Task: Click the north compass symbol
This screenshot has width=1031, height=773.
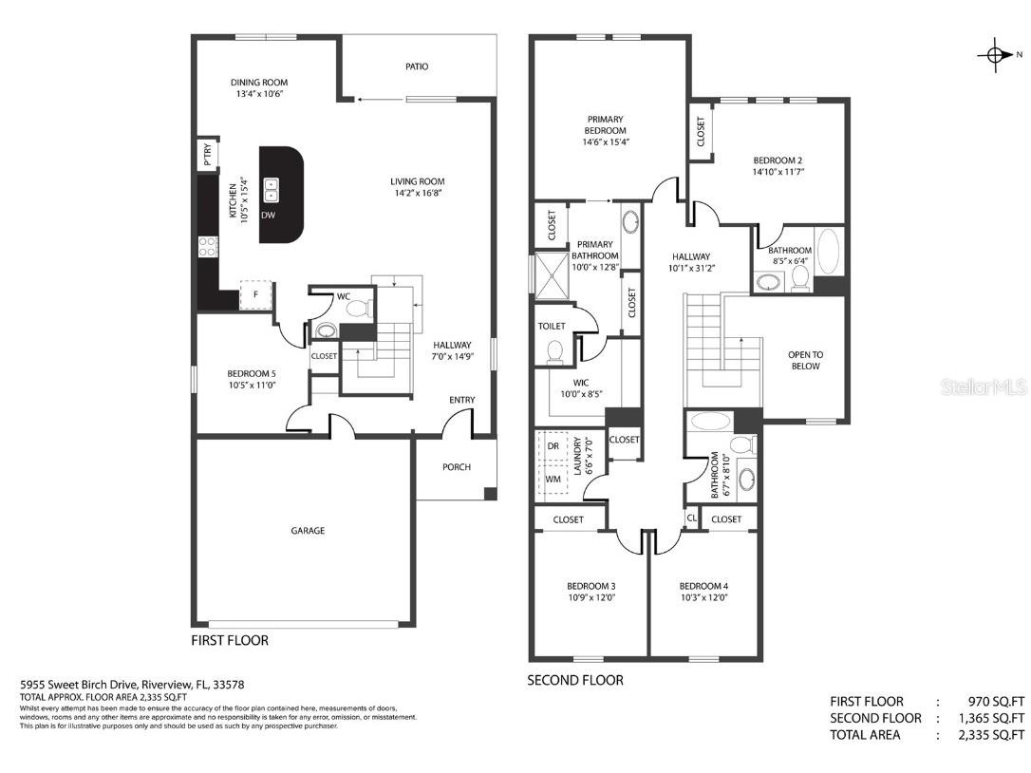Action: click(995, 55)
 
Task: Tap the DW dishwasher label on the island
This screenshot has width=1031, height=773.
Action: click(269, 216)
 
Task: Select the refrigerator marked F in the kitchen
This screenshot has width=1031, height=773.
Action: click(256, 295)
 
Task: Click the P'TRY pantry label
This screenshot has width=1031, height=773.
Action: click(206, 153)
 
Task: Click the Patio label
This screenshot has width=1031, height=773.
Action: click(417, 66)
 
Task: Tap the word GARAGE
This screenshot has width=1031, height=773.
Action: click(308, 531)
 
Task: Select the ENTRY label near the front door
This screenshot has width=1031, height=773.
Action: click(462, 400)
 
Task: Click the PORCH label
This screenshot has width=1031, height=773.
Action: click(457, 467)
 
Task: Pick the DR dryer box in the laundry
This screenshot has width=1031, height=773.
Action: click(553, 446)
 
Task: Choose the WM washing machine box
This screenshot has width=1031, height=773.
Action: click(553, 480)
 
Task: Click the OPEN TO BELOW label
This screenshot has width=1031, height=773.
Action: click(805, 360)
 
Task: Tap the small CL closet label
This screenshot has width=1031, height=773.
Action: click(692, 518)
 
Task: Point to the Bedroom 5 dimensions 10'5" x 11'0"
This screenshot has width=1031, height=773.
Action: click(226, 385)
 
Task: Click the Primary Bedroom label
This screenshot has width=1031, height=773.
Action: click(605, 124)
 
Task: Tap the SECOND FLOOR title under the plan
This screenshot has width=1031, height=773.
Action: click(575, 680)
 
